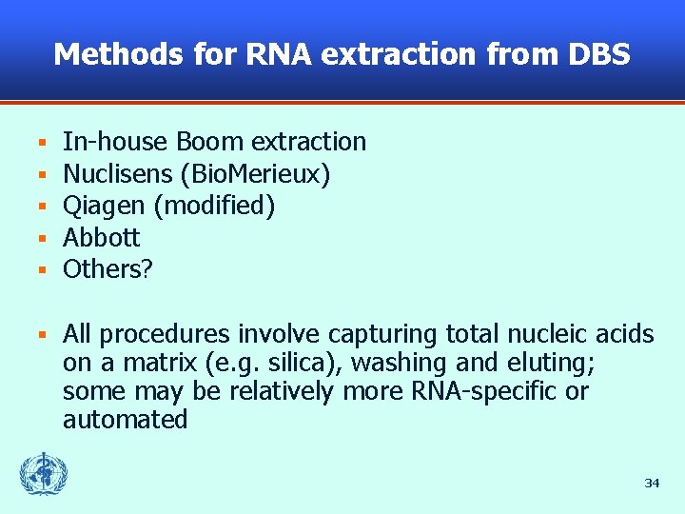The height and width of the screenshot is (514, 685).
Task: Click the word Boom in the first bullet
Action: pos(210,142)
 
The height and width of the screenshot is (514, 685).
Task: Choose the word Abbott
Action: pos(101,237)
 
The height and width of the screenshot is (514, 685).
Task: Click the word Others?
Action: pos(108,269)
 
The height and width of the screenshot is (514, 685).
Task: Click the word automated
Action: pos(125,420)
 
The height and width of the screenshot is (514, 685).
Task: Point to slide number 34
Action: pos(652,484)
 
